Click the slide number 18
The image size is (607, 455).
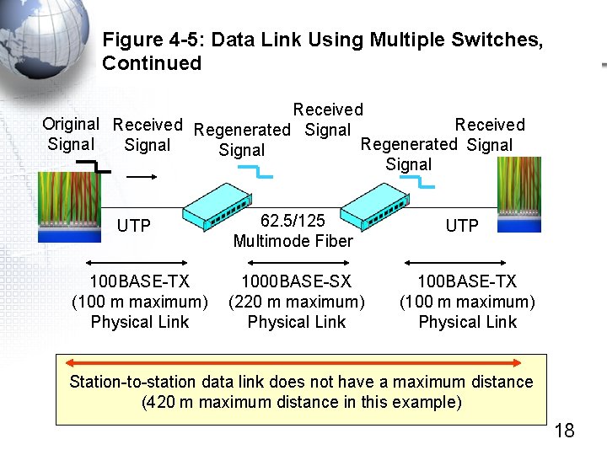tap(564, 431)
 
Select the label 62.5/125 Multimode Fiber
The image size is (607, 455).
tap(293, 231)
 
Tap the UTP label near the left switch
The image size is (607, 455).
tap(133, 226)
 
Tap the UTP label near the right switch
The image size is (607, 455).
tap(462, 226)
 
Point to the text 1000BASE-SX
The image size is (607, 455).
tap(296, 281)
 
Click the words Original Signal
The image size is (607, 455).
tap(71, 134)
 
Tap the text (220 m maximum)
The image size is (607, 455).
tap(296, 302)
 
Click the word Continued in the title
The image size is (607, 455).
tap(152, 63)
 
